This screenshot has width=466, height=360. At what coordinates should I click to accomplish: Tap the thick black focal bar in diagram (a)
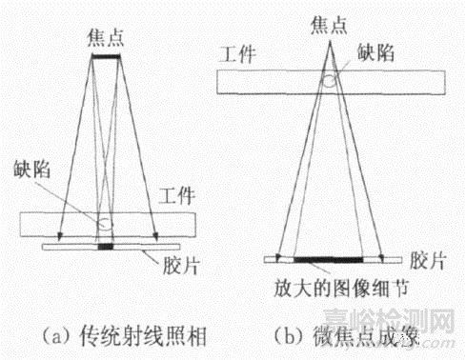pyautogui.click(x=110, y=57)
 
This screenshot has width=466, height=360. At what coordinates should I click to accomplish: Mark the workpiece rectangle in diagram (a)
pyautogui.click(x=57, y=224)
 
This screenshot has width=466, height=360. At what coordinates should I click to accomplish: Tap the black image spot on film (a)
pyautogui.click(x=106, y=248)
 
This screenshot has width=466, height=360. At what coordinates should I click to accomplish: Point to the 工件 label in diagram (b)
pyautogui.click(x=239, y=58)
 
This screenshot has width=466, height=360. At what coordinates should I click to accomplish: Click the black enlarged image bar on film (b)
pyautogui.click(x=328, y=259)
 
